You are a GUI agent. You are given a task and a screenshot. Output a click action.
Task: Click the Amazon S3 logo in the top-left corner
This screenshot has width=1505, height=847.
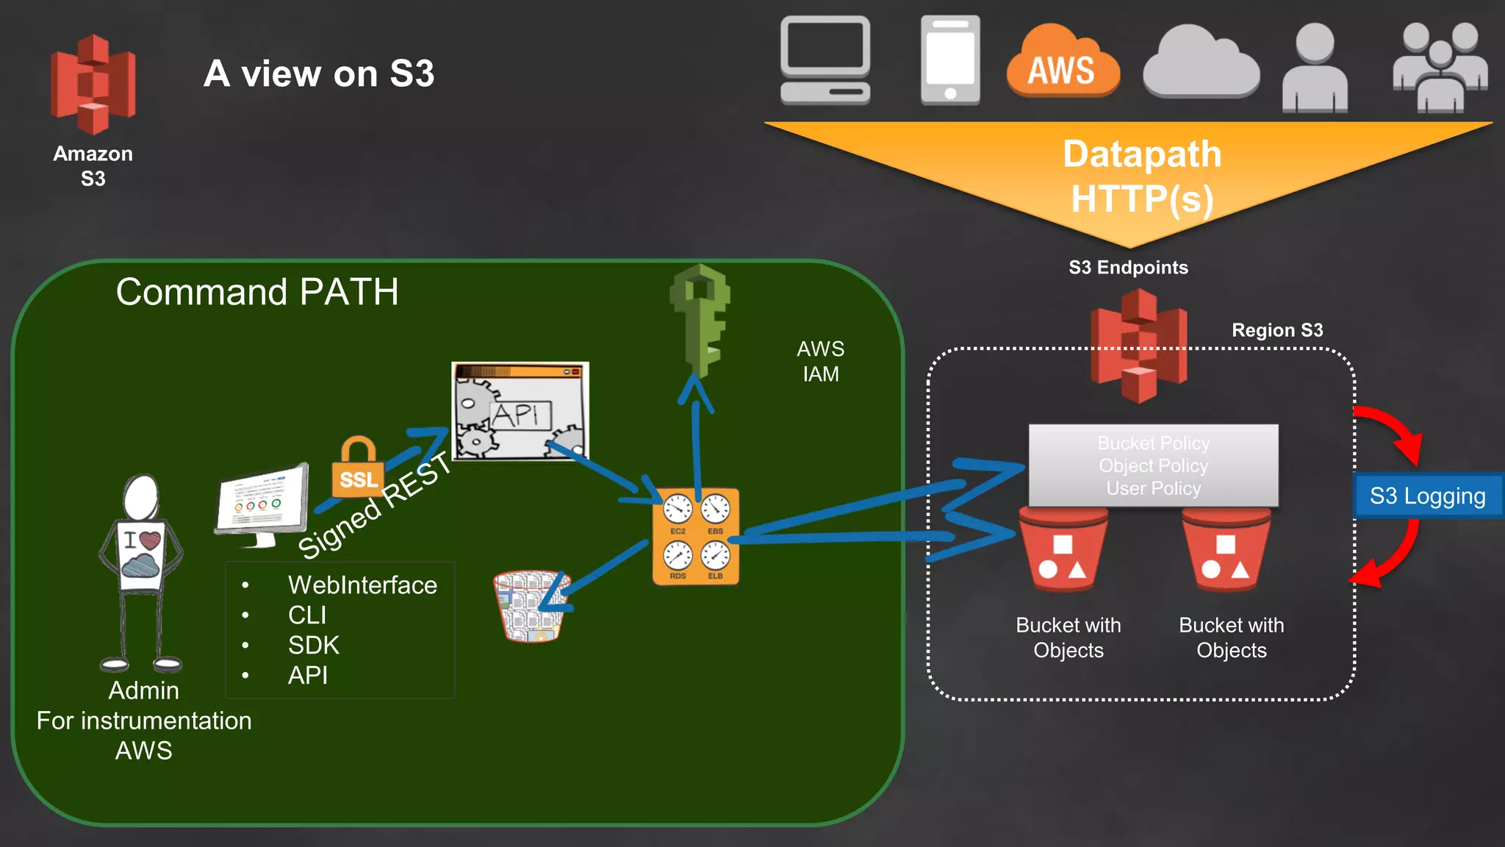point(93,85)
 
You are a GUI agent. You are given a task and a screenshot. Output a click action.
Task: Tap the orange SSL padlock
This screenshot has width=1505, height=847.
point(358,469)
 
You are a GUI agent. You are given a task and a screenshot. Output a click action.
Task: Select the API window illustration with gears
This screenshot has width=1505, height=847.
point(520,412)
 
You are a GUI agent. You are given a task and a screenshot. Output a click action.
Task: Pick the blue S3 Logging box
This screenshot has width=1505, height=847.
point(1427,496)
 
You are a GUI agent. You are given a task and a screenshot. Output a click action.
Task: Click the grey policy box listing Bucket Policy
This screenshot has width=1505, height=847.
point(1153,465)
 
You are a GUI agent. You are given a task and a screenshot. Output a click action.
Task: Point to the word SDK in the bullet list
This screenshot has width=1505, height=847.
point(314,646)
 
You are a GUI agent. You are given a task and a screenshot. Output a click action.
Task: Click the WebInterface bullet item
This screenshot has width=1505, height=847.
point(362,585)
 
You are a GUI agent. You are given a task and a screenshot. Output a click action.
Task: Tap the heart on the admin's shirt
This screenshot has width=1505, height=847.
point(150,541)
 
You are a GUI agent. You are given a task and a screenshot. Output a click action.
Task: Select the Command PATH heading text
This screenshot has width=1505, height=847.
point(257,292)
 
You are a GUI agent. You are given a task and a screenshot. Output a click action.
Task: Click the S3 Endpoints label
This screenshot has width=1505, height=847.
point(1128,268)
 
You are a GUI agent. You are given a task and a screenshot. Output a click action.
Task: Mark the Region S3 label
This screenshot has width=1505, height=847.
point(1277,330)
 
